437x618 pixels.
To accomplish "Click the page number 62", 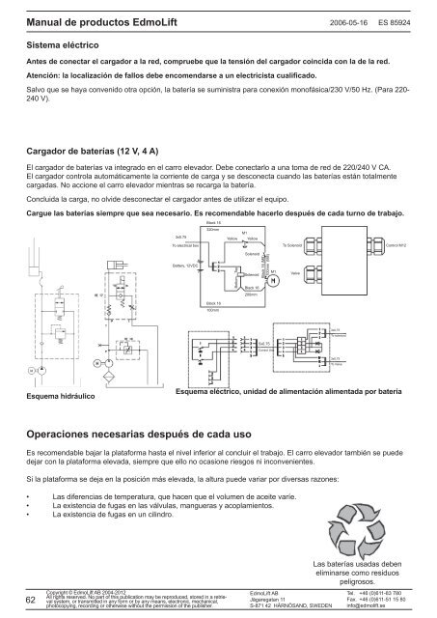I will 32,601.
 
